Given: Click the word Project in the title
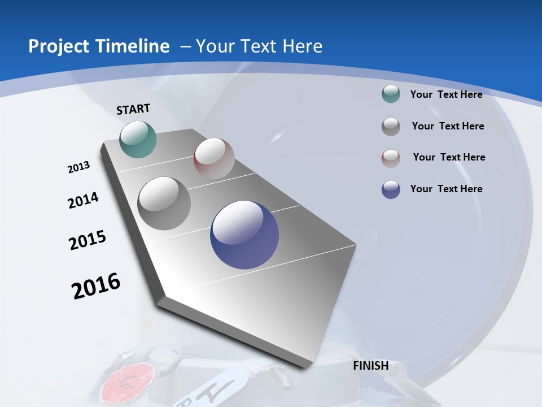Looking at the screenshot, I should (55, 46).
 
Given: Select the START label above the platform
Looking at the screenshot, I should (133, 109).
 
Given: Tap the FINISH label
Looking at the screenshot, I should (371, 366).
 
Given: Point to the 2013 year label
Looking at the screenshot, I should (78, 167).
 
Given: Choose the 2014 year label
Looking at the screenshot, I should (83, 200).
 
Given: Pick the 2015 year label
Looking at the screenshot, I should (88, 240).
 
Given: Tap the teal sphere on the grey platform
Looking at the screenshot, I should (138, 139).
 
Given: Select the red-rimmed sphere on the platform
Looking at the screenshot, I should (214, 158).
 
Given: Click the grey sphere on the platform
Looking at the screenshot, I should (164, 203).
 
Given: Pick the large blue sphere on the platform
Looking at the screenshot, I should (244, 235).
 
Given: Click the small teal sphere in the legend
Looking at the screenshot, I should (391, 94).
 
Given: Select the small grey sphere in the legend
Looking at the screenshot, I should (391, 126).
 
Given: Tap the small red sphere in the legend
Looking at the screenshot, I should (391, 158).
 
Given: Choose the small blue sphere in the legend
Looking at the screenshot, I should (391, 189).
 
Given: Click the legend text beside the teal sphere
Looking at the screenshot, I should (446, 94).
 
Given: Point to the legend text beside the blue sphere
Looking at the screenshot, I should (446, 189).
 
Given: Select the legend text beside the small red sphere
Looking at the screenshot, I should (449, 157).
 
